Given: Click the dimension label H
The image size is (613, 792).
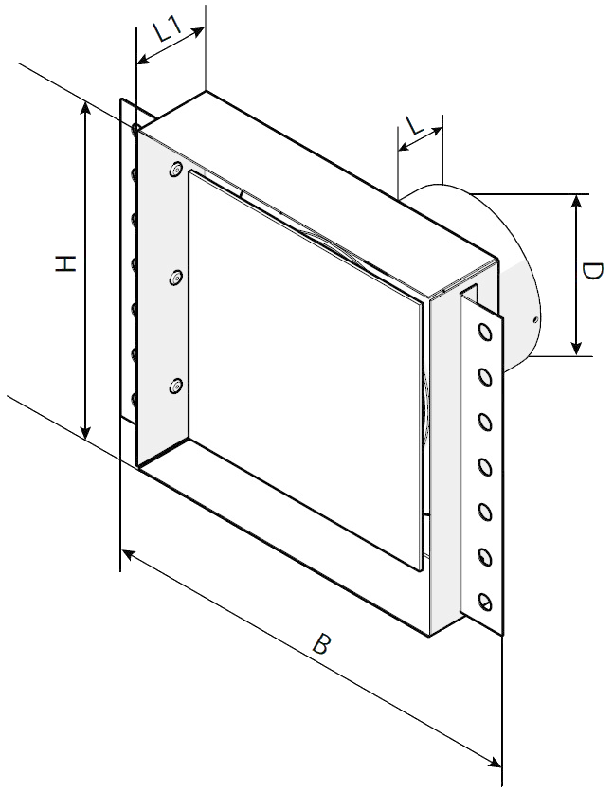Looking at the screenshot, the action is (65, 263).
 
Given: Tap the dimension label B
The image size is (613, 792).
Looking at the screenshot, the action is (321, 644).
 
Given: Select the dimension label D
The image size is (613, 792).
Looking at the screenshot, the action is (592, 271).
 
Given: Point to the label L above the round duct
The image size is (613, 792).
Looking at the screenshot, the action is (415, 125).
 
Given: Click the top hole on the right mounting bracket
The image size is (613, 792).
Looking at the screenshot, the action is (485, 333).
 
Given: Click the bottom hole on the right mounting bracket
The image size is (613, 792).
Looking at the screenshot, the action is (485, 601).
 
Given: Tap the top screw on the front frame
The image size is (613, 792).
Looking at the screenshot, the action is (176, 170).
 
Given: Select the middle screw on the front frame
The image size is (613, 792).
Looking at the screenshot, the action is (176, 278).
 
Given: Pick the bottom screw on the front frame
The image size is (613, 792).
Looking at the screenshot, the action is (176, 387).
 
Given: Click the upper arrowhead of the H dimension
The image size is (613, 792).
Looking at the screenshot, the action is (86, 110).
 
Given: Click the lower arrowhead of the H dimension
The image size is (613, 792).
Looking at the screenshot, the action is (86, 431).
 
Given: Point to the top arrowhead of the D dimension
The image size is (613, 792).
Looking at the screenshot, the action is (576, 203).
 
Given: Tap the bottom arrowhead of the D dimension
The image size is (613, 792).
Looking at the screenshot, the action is (576, 347).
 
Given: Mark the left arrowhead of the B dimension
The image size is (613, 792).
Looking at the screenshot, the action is (130, 555).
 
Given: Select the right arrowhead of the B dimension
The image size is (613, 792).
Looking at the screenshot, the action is (493, 763).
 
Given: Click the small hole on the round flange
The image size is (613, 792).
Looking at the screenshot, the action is (534, 319).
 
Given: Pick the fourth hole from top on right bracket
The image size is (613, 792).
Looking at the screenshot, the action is (485, 467).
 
